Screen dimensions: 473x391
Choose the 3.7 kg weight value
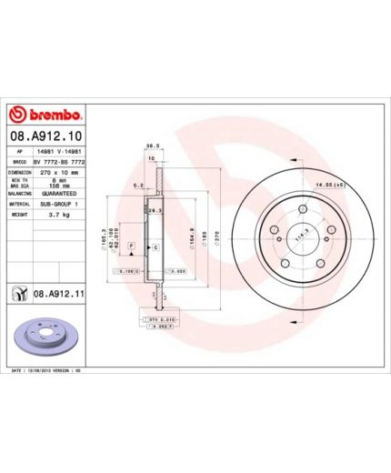tap(53, 216)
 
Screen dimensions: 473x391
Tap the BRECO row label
tap(19, 160)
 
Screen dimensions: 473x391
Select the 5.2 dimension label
tap(137, 186)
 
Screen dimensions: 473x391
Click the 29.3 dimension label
tap(154, 210)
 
